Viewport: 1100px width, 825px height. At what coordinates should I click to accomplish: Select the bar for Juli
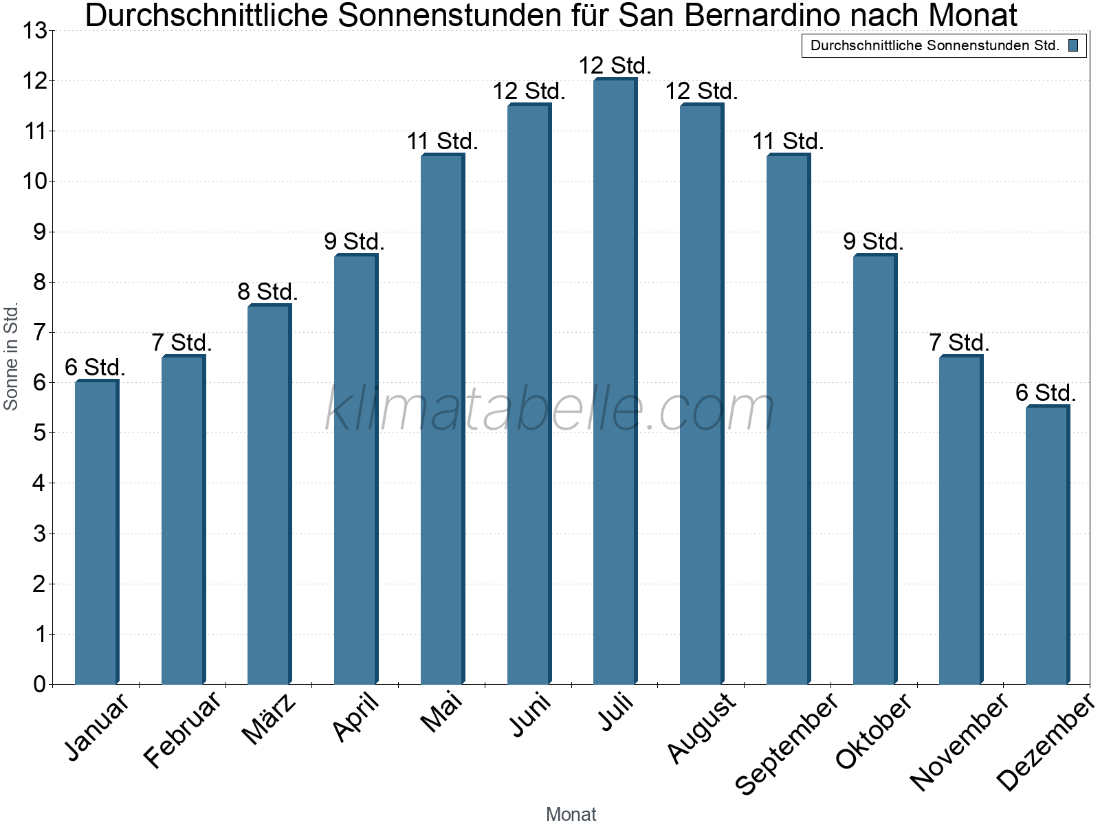pyautogui.click(x=615, y=382)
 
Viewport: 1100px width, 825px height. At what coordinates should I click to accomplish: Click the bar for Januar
pyautogui.click(x=96, y=533)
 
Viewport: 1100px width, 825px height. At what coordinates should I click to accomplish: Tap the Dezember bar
pyautogui.click(x=1047, y=545)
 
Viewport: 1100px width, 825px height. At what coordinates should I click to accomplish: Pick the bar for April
pyautogui.click(x=355, y=470)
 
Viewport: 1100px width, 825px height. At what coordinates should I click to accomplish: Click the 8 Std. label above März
pyautogui.click(x=267, y=291)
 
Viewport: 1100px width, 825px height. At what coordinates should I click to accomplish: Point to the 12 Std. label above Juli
pyautogui.click(x=615, y=65)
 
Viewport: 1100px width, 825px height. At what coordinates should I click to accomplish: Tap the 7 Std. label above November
pyautogui.click(x=959, y=342)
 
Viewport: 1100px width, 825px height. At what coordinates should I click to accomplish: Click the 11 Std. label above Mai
pyautogui.click(x=442, y=141)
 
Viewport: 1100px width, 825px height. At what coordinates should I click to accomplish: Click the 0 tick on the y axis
pyautogui.click(x=38, y=684)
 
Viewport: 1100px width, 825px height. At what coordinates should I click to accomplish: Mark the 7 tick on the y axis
pyautogui.click(x=38, y=332)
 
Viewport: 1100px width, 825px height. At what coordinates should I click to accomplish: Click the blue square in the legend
pyautogui.click(x=1073, y=46)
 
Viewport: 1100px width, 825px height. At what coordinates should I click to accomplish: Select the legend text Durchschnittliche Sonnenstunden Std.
pyautogui.click(x=935, y=46)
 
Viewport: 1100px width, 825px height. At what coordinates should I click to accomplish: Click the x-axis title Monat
pyautogui.click(x=571, y=814)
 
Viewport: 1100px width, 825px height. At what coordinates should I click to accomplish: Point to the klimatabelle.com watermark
pyautogui.click(x=550, y=409)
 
